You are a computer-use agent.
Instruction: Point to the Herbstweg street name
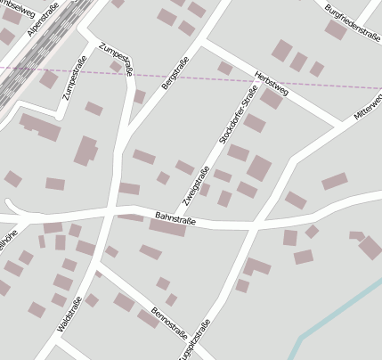[271, 83]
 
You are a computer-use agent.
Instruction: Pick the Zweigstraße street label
[199, 186]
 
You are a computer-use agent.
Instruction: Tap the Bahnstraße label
[175, 217]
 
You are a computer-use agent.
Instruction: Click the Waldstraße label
[69, 314]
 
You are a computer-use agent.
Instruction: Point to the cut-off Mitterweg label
[368, 105]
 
